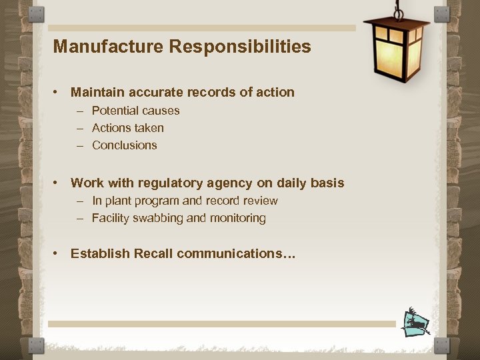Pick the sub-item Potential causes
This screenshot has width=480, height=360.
click(x=135, y=111)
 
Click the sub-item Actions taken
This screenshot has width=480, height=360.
click(x=127, y=128)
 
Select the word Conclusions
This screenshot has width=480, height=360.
click(x=124, y=145)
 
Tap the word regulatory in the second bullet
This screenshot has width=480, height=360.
click(x=163, y=183)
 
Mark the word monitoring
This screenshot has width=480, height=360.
click(x=237, y=218)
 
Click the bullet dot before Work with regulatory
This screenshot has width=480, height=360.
click(x=59, y=183)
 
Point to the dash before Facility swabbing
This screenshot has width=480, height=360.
click(x=80, y=218)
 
